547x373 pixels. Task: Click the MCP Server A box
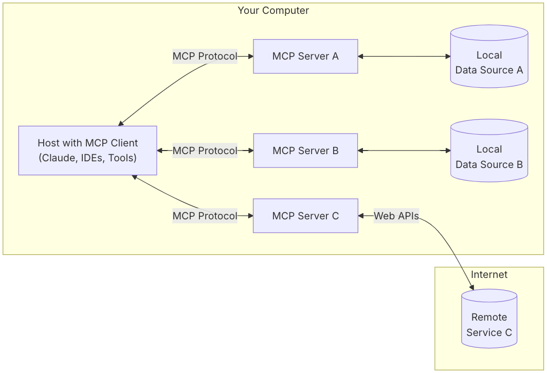pos(305,56)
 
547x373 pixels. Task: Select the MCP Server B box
pos(305,151)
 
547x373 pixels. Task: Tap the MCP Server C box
pos(305,216)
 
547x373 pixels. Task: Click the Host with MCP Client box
pos(88,151)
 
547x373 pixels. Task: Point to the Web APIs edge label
pos(396,216)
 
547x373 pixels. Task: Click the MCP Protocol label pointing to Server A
pos(205,56)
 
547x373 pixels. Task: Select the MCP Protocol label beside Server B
pos(205,151)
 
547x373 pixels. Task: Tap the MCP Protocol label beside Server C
pos(205,216)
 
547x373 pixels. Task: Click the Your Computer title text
pos(273,10)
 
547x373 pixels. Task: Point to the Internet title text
pos(489,275)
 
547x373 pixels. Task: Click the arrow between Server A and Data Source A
pos(404,56)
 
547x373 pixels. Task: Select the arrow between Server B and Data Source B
pos(404,151)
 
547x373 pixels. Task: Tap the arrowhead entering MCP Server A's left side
pos(250,56)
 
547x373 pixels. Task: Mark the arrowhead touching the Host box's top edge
pos(121,123)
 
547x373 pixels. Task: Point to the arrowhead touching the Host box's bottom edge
pos(134,177)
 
